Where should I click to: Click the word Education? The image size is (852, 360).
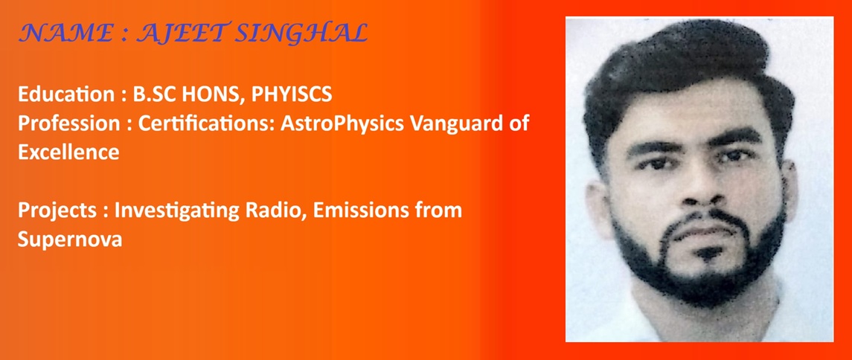point(67,95)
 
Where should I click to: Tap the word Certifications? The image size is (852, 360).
point(206,123)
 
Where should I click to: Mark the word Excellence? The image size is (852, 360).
point(68,152)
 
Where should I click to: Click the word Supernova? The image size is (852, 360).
point(69,240)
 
